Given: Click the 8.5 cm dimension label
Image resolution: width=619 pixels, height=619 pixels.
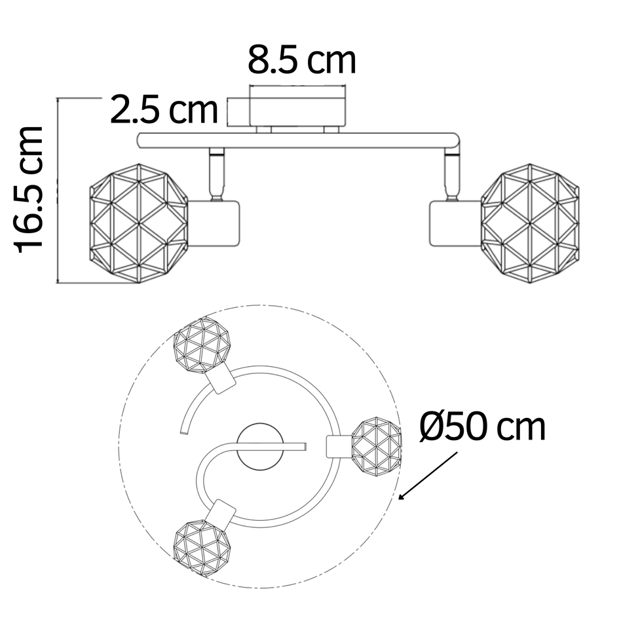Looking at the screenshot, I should [301, 61].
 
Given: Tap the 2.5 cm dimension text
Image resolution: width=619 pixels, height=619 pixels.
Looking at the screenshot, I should [163, 109].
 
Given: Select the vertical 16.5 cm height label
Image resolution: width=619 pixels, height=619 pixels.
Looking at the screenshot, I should [30, 189].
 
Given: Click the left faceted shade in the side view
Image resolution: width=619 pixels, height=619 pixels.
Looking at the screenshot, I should [139, 223].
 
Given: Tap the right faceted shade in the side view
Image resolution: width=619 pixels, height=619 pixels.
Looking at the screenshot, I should [530, 223].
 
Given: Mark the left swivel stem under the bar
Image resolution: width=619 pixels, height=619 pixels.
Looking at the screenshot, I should [216, 174].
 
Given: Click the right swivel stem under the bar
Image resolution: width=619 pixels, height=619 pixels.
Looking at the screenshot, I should [451, 174].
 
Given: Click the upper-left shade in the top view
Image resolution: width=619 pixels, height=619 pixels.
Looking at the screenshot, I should [202, 345].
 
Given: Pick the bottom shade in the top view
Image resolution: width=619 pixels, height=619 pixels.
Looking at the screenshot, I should [202, 548].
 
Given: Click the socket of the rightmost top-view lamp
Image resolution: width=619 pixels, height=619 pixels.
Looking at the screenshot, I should [339, 447].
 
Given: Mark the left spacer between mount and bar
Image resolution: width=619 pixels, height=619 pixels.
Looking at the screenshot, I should [264, 130].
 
